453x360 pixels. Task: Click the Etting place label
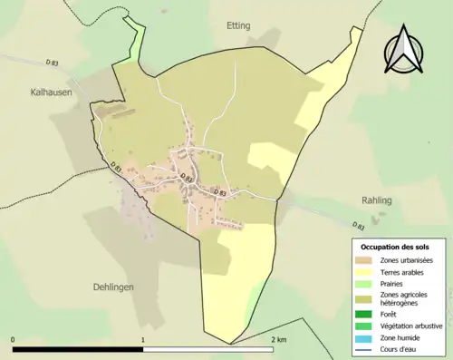238,26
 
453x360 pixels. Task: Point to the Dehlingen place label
113,287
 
